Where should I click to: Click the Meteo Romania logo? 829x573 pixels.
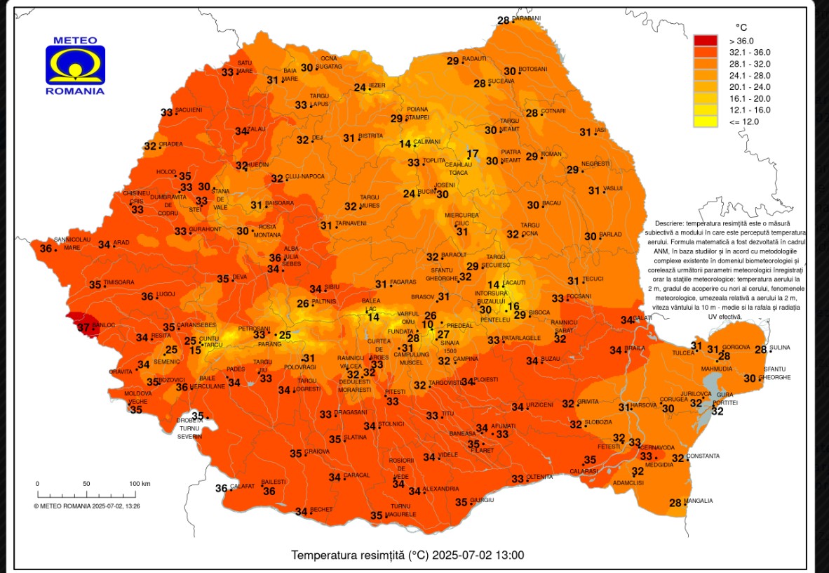(x=75, y=65)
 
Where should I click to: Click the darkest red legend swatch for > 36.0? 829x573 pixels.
(x=706, y=41)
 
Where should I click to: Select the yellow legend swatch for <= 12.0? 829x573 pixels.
(x=706, y=121)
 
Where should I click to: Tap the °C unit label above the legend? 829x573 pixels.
(x=741, y=26)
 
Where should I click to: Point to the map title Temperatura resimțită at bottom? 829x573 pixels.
(x=407, y=555)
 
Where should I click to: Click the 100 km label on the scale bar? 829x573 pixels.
(x=140, y=483)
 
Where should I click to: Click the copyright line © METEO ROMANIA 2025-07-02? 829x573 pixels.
(x=87, y=505)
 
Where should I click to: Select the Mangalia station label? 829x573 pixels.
(x=699, y=501)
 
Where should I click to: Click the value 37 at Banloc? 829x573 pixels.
(x=83, y=327)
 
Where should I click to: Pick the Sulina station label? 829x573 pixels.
(x=779, y=348)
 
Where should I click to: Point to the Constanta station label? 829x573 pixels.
(x=703, y=456)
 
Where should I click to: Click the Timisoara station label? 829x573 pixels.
(x=119, y=282)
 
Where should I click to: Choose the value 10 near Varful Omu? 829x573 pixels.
(x=427, y=324)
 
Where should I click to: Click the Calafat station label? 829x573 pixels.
(x=242, y=486)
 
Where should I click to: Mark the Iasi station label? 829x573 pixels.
(x=600, y=130)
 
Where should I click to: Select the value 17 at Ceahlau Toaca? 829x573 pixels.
(x=473, y=154)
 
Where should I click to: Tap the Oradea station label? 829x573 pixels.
(x=170, y=144)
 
